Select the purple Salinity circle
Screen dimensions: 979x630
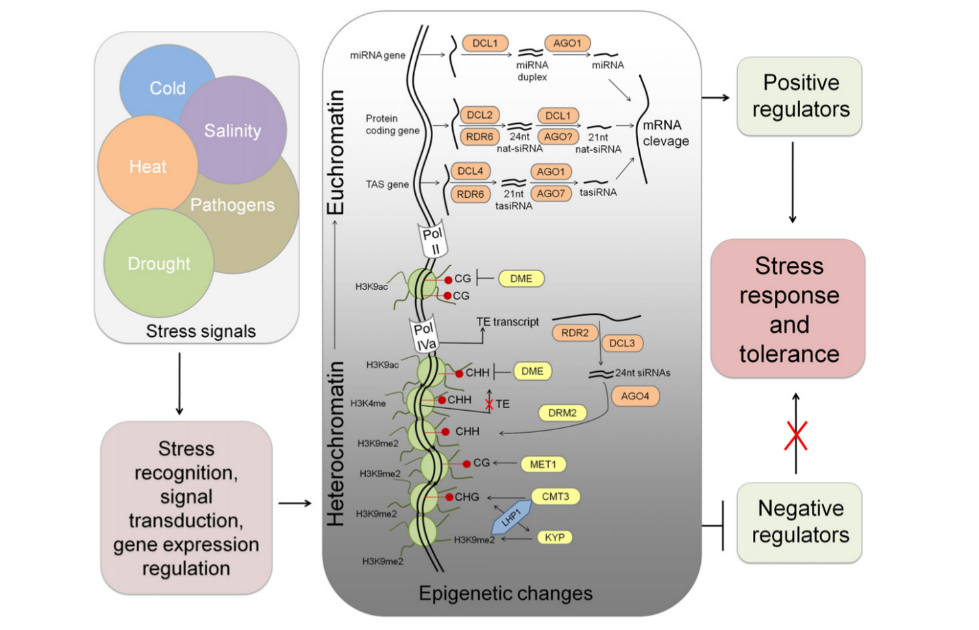coord(233,129)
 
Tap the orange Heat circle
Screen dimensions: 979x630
coord(148,166)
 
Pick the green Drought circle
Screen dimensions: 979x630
coord(159,263)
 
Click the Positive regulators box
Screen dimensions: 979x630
coord(800,96)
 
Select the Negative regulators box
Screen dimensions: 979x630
coord(800,522)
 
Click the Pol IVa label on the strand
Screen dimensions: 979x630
coord(424,335)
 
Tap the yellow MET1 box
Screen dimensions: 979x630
coord(543,464)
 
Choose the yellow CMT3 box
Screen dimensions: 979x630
coord(556,496)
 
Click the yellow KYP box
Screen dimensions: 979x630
coord(555,537)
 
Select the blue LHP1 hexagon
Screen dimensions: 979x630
coord(511,518)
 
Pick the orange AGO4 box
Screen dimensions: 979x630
coord(635,396)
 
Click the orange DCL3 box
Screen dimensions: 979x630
coord(622,343)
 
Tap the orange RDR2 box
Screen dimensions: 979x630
coord(575,333)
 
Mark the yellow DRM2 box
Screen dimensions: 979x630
coord(562,413)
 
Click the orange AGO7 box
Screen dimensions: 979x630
coord(551,193)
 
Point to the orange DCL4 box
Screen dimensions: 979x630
coord(470,171)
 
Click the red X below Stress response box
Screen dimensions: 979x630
coord(796,436)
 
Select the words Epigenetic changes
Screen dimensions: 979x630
coord(506,593)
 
